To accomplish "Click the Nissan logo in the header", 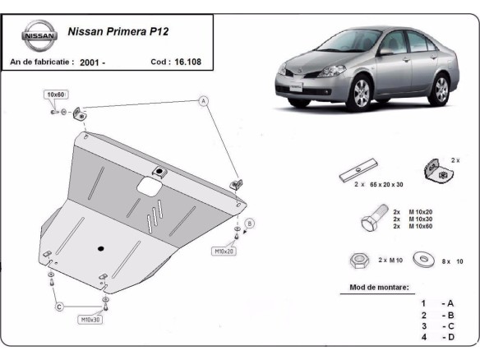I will click(x=39, y=37).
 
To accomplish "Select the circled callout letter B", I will click(x=250, y=223).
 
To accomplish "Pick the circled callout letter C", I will click(x=59, y=307).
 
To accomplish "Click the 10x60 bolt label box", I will click(x=56, y=95).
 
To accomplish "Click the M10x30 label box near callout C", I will click(x=91, y=319).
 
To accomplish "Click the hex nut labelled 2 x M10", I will click(x=359, y=260).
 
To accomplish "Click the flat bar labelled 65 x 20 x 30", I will click(x=358, y=172).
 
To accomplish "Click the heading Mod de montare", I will click(x=375, y=288).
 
